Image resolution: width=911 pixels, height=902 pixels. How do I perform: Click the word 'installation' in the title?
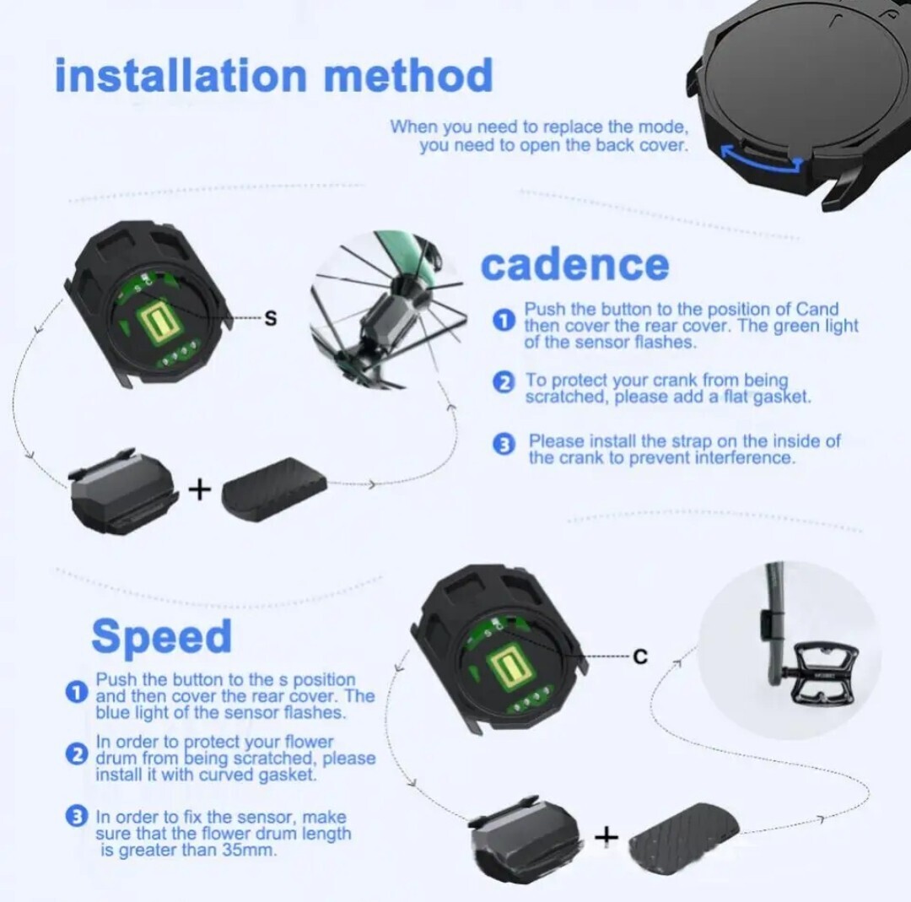click(x=181, y=76)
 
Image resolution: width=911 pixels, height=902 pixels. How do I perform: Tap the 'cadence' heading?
click(x=575, y=265)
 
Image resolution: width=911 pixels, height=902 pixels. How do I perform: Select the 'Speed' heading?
click(x=161, y=636)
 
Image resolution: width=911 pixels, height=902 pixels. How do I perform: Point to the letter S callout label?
click(x=271, y=318)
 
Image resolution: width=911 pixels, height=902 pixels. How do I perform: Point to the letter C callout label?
click(x=639, y=656)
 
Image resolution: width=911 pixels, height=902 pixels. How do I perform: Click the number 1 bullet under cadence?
click(x=503, y=321)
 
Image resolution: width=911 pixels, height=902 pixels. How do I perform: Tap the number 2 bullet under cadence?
click(x=503, y=382)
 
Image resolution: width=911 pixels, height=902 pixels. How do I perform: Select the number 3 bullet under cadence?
click(x=503, y=445)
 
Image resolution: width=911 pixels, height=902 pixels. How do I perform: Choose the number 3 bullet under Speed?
click(x=76, y=817)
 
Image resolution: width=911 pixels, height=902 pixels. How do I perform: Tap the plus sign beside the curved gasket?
click(x=200, y=489)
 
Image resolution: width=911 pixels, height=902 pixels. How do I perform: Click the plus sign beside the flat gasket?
click(x=606, y=836)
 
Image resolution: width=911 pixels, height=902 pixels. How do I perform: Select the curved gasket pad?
click(x=275, y=482)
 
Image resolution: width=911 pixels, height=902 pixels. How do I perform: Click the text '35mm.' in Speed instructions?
click(x=247, y=851)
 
